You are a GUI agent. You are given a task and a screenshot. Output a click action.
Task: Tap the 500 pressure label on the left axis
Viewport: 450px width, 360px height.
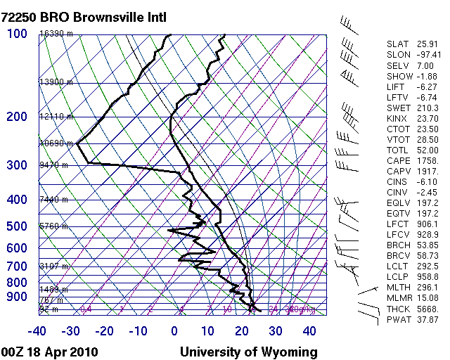click(x=17, y=226)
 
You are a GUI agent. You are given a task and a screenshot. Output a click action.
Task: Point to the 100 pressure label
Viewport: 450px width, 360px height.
click(x=17, y=34)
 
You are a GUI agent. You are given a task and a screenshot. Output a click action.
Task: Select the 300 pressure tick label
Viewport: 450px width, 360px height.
click(x=17, y=165)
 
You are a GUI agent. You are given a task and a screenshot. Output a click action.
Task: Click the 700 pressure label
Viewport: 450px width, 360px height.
click(x=17, y=266)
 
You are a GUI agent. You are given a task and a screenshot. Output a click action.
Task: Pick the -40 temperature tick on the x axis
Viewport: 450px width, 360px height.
click(x=37, y=331)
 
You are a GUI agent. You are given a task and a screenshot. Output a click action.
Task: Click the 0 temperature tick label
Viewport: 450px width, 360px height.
click(x=174, y=331)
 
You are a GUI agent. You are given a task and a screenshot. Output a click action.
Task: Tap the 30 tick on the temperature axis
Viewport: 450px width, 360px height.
click(x=276, y=331)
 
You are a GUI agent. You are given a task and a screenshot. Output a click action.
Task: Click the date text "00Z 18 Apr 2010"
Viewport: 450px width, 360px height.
click(x=50, y=352)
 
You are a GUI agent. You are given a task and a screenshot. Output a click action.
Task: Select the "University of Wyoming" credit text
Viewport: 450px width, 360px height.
click(x=249, y=352)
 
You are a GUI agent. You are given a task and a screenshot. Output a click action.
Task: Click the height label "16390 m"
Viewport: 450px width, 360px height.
click(x=56, y=34)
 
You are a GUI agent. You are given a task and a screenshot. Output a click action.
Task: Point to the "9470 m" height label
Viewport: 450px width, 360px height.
click(x=53, y=165)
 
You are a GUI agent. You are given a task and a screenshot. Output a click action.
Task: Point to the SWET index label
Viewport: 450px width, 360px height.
click(x=397, y=108)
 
